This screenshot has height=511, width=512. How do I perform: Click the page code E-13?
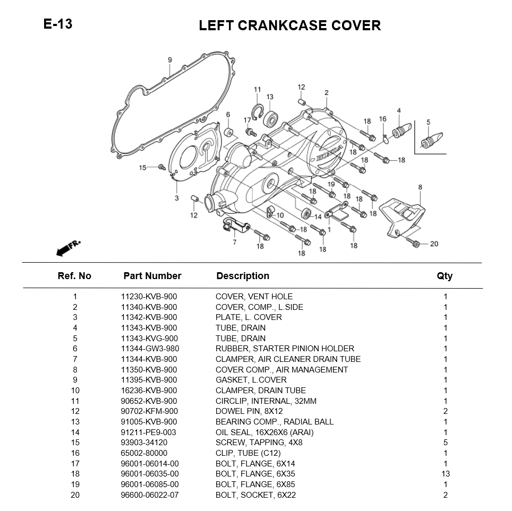click(58, 24)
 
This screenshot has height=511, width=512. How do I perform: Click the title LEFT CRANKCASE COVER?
click(289, 25)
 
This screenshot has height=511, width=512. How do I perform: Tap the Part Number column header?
click(152, 276)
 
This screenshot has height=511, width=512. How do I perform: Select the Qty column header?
click(445, 276)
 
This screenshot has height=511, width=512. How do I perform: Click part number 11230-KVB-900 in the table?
click(149, 297)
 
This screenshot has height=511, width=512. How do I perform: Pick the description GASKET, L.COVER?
click(251, 380)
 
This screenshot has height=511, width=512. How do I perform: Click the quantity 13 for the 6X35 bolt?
click(446, 474)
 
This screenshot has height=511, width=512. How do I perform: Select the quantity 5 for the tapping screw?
click(446, 443)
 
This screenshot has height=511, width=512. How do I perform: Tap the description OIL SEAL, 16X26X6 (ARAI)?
click(264, 432)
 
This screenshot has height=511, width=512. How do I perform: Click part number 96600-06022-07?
click(149, 495)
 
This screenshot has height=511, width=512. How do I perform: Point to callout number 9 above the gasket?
click(170, 60)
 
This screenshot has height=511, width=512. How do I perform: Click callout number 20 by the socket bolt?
click(434, 244)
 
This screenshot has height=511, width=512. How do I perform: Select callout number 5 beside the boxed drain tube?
click(428, 123)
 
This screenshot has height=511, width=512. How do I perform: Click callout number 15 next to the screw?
click(142, 168)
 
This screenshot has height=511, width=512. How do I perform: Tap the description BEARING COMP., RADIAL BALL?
click(274, 422)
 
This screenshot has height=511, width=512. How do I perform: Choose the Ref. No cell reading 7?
click(75, 359)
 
